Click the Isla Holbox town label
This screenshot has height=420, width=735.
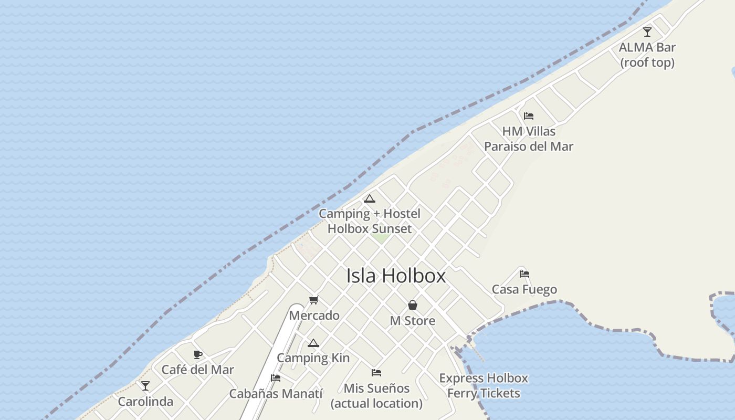coord(396,276)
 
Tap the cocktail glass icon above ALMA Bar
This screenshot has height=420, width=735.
coord(647,32)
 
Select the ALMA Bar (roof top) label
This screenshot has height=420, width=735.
coord(647,55)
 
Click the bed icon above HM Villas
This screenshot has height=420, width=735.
coord(529,115)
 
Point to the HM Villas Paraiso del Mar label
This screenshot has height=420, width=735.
coord(529,139)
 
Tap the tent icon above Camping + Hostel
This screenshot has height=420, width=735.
coord(370,198)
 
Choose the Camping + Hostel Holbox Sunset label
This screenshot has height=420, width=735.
coord(370,221)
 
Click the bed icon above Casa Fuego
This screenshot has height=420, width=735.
coord(524,274)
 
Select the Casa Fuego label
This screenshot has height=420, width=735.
coord(524,289)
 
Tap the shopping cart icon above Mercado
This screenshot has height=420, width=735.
coord(314,300)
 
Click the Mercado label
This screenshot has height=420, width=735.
coord(314,316)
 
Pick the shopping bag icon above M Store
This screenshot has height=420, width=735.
coord(413,305)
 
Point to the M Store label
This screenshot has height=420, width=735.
coord(413,321)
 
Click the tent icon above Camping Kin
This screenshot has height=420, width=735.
coord(313,343)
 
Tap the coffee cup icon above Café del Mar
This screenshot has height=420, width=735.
coord(198,354)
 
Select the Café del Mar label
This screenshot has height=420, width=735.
coord(198,370)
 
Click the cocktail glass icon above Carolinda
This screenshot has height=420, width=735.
coord(145,386)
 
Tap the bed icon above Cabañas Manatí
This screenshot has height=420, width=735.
coord(276,377)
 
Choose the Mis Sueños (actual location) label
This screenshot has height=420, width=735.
coord(376,396)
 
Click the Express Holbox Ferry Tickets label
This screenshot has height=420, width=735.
coord(484,385)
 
